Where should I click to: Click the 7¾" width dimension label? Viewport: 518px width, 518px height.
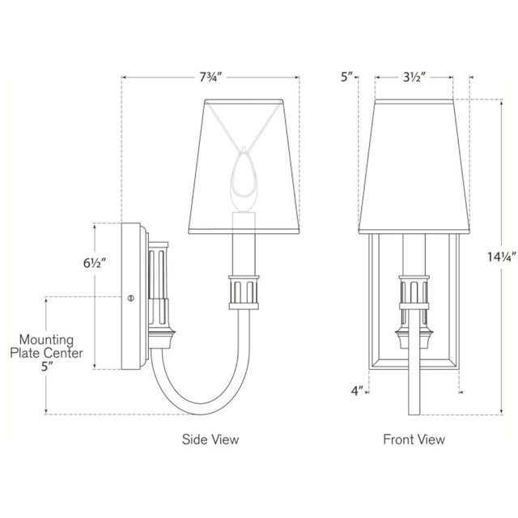click(210, 78)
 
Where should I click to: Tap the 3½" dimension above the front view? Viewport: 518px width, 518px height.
click(414, 78)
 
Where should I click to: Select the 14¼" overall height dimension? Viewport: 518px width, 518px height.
click(502, 257)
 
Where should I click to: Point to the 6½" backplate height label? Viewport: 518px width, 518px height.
click(94, 263)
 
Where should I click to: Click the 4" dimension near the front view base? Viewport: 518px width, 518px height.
click(356, 392)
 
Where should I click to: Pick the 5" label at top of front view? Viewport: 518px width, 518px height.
click(346, 78)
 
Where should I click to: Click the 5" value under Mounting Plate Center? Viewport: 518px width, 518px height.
click(47, 367)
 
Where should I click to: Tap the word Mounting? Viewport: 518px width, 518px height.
click(46, 340)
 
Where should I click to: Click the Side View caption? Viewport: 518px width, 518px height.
click(210, 439)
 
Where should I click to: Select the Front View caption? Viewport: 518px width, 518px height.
click(414, 439)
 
